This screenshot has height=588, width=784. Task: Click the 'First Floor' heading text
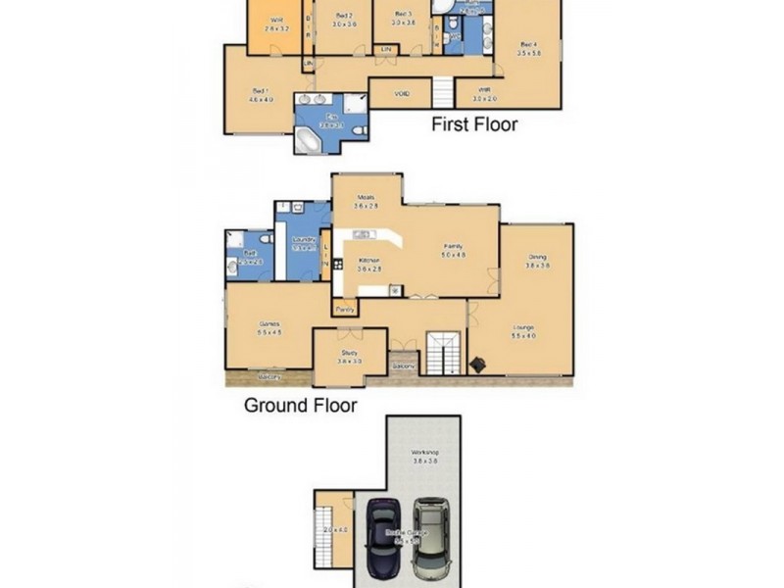474,124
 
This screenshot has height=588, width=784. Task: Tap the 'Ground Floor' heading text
300,405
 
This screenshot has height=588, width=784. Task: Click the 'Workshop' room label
424,453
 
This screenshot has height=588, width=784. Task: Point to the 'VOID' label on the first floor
401,94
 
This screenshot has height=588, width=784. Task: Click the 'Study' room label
349,353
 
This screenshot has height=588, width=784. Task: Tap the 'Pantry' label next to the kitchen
345,310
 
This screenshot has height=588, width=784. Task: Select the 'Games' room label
269,323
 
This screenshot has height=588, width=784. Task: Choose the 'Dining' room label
536,258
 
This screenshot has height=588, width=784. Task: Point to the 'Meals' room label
366,197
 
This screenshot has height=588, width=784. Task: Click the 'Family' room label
453,247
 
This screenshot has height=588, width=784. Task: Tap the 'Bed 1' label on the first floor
260,91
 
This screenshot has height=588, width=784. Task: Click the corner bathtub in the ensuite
309,142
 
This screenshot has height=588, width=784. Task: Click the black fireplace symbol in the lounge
477,364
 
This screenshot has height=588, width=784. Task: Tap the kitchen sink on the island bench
362,234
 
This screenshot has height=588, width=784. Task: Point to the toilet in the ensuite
360,130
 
